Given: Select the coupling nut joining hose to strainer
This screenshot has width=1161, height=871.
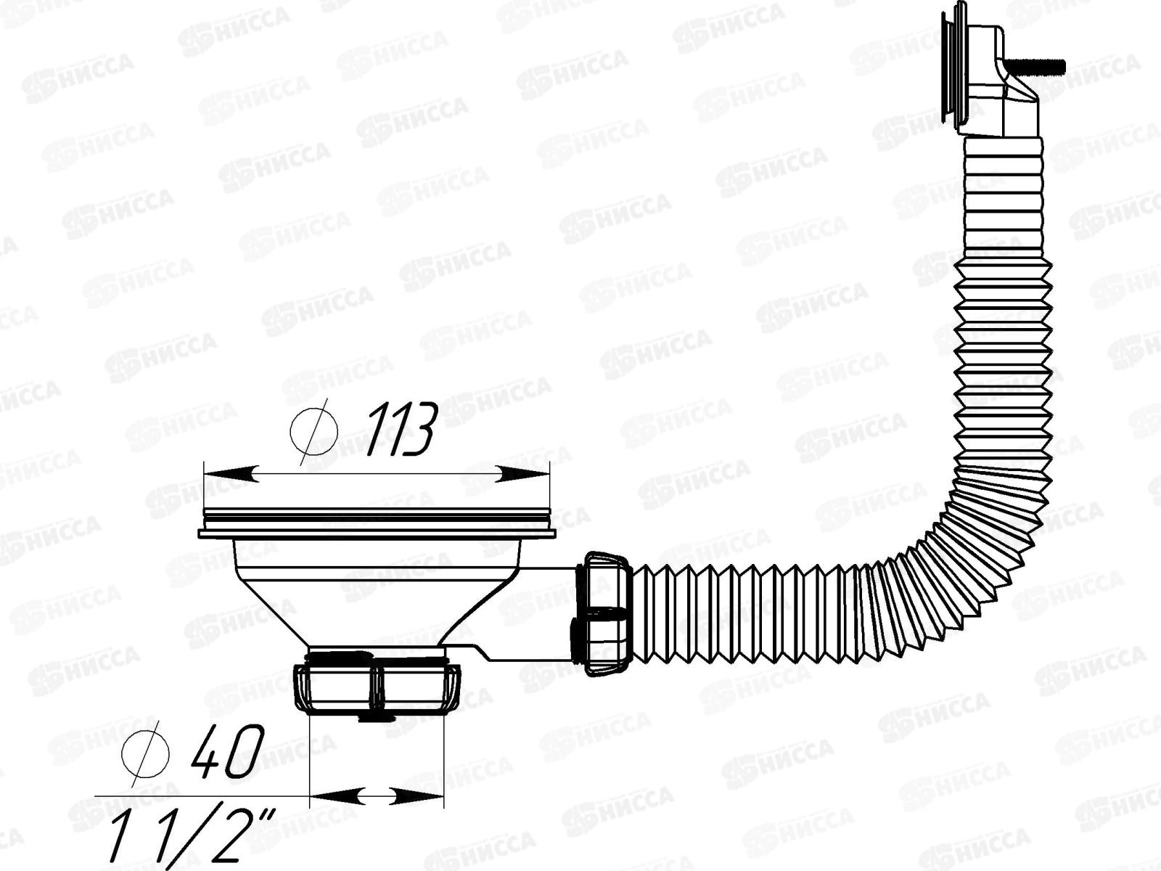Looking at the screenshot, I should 604,613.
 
